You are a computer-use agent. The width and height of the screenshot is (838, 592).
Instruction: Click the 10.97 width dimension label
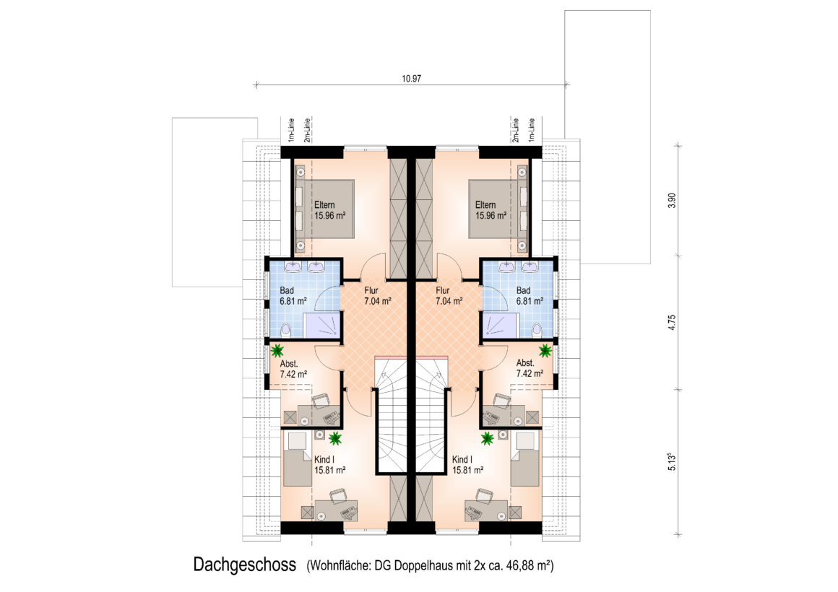pos(412,79)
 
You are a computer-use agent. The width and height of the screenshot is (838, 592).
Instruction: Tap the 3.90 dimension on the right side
pos(672,201)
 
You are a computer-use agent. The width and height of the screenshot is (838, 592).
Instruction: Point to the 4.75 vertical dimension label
pos(672,323)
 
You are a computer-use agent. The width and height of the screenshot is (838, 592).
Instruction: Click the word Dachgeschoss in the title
pos(245,565)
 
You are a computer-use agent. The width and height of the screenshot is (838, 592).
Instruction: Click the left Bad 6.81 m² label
pos(293,296)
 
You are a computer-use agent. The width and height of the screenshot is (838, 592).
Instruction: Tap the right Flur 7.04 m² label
pos(449,296)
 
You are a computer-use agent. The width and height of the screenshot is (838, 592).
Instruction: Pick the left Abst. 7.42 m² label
pos(293,369)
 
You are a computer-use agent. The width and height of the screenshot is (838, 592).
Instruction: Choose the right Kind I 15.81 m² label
pos(467,465)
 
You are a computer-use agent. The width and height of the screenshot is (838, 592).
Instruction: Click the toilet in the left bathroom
pos(286,330)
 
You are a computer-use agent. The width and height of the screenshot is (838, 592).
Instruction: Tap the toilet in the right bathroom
pos(537,330)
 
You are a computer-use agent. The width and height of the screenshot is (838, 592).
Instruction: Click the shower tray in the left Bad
pos(321,326)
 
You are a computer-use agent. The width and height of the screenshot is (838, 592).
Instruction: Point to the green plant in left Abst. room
pos(277,351)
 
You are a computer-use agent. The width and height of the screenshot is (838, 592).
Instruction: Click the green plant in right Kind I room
pos(488,439)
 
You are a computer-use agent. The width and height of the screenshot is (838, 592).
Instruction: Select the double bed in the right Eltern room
pos(498,209)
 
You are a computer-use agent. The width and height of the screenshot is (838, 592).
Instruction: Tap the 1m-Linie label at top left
pos(291,131)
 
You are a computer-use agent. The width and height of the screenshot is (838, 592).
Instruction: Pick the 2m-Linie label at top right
pos(516,131)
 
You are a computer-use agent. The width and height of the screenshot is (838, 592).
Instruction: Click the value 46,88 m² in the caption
pos(527,565)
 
